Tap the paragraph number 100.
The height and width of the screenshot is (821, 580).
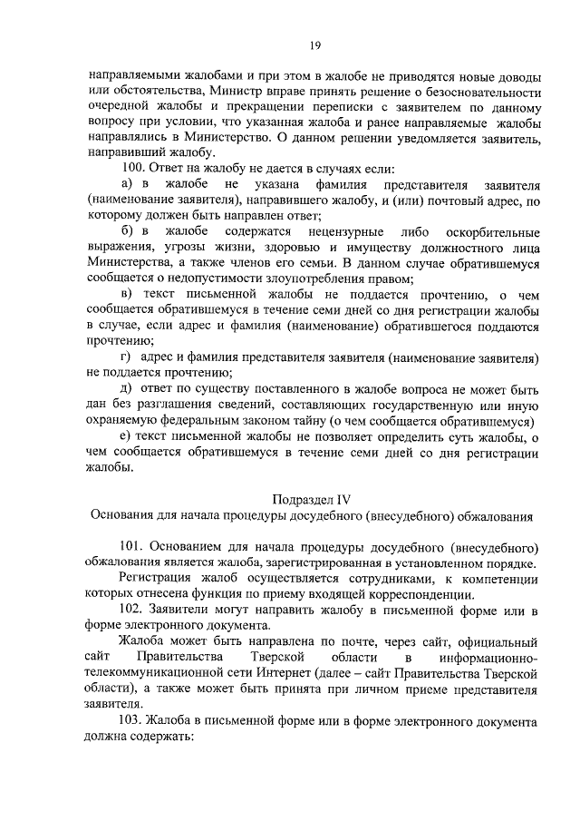pyautogui.click(x=133, y=169)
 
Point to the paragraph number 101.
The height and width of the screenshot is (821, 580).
pyautogui.click(x=133, y=546)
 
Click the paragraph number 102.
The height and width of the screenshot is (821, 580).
pyautogui.click(x=133, y=609)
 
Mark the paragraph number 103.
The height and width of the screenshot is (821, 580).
pyautogui.click(x=133, y=719)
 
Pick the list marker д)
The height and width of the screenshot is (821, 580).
pyautogui.click(x=127, y=389)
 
